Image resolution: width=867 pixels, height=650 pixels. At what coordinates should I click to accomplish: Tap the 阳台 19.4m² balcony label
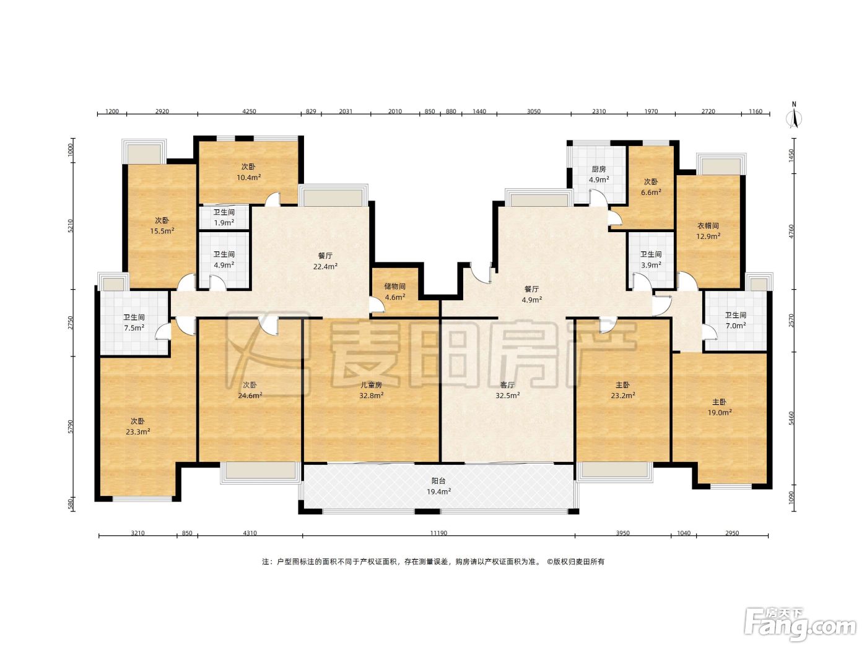pyautogui.click(x=438, y=486)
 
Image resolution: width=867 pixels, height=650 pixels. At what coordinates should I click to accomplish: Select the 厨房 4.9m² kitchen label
pyautogui.click(x=599, y=175)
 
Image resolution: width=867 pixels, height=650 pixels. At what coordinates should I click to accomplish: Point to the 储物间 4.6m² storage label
pyautogui.click(x=394, y=292)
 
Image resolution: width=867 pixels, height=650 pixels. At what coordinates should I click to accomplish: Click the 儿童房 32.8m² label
pyautogui.click(x=372, y=390)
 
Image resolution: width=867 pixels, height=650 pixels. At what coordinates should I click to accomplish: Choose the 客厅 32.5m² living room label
pyautogui.click(x=508, y=390)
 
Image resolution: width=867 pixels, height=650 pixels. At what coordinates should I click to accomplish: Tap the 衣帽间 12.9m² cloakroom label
pyautogui.click(x=708, y=231)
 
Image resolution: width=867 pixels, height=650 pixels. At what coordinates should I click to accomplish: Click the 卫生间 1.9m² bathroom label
pyautogui.click(x=224, y=217)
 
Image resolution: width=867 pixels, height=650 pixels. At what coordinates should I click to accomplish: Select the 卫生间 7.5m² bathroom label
pyautogui.click(x=134, y=323)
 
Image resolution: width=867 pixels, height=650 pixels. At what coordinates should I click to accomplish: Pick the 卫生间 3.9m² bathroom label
pyautogui.click(x=650, y=259)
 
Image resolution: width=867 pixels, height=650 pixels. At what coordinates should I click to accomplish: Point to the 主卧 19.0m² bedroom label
pyautogui.click(x=719, y=407)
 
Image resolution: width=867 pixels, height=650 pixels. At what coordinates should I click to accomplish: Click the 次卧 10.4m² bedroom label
pyautogui.click(x=248, y=172)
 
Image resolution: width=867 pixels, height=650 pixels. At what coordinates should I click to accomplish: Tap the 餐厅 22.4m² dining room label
pyautogui.click(x=325, y=261)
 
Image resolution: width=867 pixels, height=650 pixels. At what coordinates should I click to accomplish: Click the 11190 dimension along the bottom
pyautogui.click(x=438, y=533)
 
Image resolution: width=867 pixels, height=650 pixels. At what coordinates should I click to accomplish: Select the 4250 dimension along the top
pyautogui.click(x=249, y=111)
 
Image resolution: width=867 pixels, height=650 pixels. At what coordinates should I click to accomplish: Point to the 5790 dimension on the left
pyautogui.click(x=71, y=426)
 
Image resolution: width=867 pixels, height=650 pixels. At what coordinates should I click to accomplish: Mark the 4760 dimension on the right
pyautogui.click(x=791, y=231)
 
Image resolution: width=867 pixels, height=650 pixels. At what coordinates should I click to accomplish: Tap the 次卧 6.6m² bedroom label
pyautogui.click(x=651, y=187)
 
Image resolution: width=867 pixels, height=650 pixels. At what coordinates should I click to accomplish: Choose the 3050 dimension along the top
pyautogui.click(x=534, y=111)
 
